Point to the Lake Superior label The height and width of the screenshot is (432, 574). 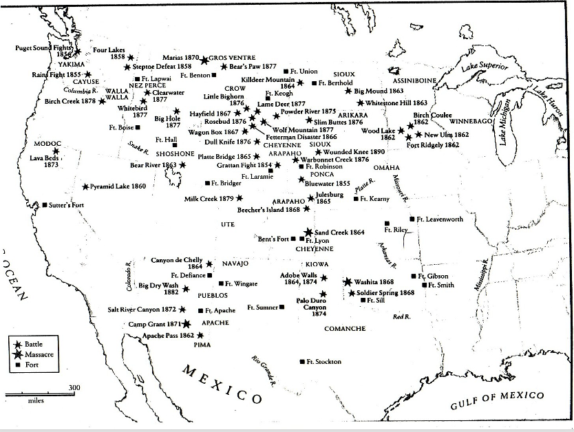pyautogui.click(x=485, y=67)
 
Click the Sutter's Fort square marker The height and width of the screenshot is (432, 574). pyautogui.click(x=45, y=205)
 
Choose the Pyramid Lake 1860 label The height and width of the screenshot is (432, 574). pyautogui.click(x=118, y=186)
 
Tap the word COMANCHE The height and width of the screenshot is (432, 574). pyautogui.click(x=345, y=329)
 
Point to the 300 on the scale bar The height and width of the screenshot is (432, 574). pyautogui.click(x=74, y=388)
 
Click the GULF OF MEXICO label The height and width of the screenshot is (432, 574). pyautogui.click(x=498, y=400)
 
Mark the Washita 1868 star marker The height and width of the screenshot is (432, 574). pyautogui.click(x=348, y=282)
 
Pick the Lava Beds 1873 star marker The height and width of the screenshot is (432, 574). pyautogui.click(x=56, y=151)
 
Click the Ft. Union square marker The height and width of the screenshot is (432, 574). pyautogui.click(x=286, y=71)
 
